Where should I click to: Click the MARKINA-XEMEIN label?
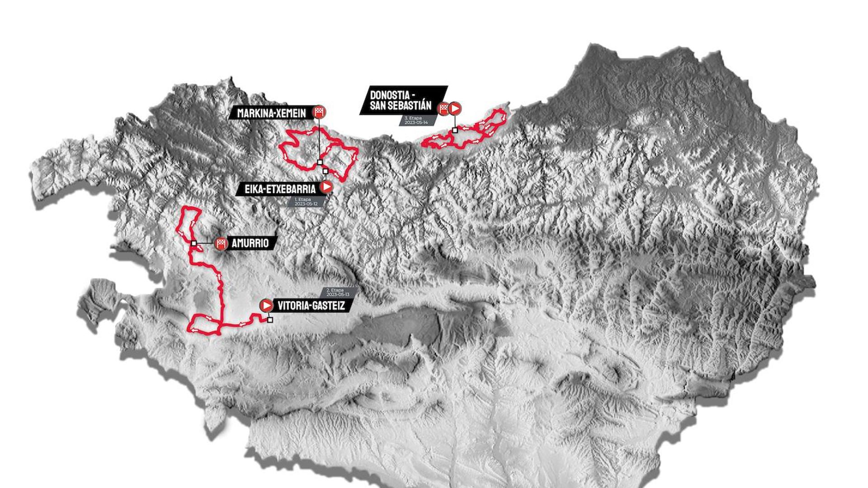click(271, 113)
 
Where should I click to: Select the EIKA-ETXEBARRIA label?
click(280, 189)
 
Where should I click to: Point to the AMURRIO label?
click(250, 243)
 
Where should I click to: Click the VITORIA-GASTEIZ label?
click(311, 305)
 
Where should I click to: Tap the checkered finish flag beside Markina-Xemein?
click(320, 112)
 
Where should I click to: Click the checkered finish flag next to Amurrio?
click(221, 244)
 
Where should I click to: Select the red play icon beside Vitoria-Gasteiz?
click(266, 305)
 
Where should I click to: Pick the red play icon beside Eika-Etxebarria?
click(326, 187)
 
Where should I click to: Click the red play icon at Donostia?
click(455, 108)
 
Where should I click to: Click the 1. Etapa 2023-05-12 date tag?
click(306, 202)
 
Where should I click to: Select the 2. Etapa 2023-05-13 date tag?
click(338, 292)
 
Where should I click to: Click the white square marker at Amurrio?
click(193, 244)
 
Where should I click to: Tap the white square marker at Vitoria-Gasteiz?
click(270, 320)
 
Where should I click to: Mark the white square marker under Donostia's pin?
click(455, 130)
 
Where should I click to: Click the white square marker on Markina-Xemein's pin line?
click(320, 162)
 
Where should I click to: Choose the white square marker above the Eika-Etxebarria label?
click(325, 171)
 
